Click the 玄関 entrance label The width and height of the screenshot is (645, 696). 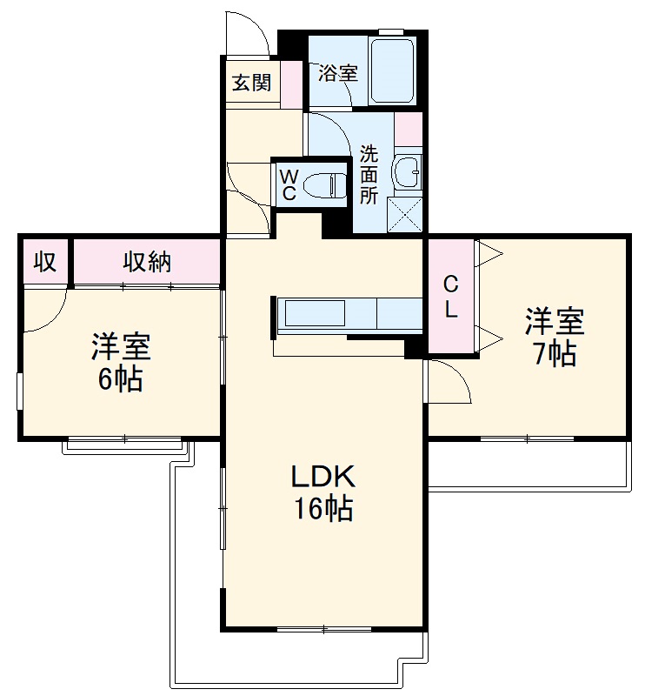tap(251, 83)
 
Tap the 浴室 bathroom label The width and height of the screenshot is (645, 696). tap(338, 73)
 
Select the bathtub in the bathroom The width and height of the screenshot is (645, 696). tap(392, 70)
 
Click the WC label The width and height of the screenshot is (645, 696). tap(288, 184)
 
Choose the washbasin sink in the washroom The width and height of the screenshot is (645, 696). tap(407, 172)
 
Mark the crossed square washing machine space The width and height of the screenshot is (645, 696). tap(404, 215)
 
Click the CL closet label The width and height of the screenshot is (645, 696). tap(450, 298)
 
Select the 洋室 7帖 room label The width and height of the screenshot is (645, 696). tap(554, 336)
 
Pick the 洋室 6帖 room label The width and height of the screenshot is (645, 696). tap(122, 362)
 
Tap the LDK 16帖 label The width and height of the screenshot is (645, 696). tap(322, 492)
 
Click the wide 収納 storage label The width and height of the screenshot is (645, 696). tap(146, 261)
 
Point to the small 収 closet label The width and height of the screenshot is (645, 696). tap(45, 261)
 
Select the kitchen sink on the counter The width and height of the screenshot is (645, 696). tap(316, 313)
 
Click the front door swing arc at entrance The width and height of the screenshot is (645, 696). tap(246, 33)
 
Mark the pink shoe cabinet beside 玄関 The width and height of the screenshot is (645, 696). tap(291, 83)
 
